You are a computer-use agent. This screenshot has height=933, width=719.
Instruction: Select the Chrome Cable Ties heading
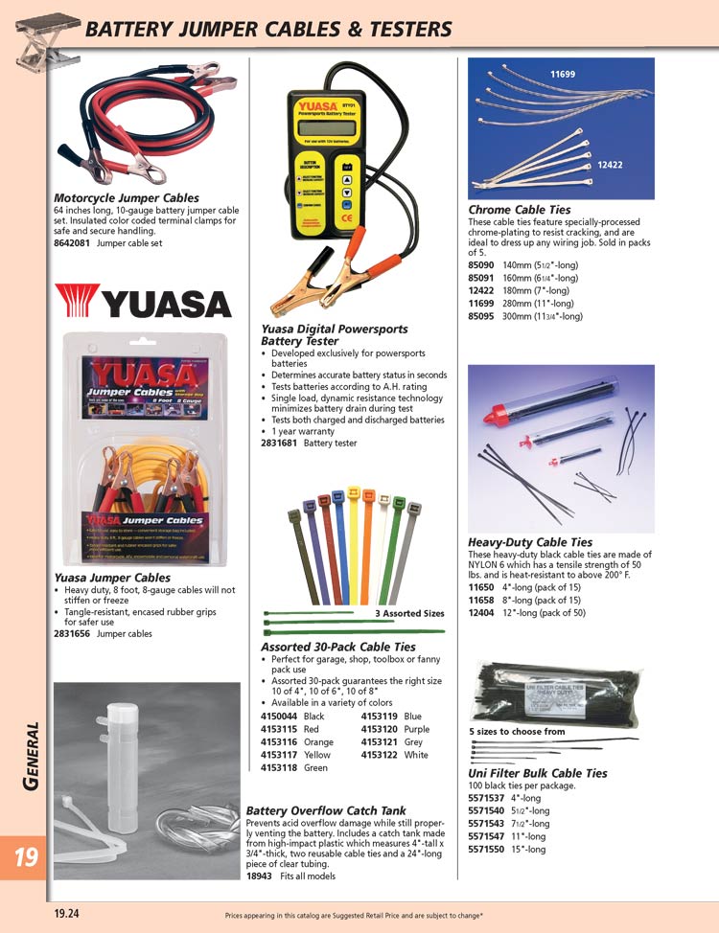pyautogui.click(x=519, y=210)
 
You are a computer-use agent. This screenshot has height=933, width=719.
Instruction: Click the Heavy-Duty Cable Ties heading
pyautogui.click(x=530, y=542)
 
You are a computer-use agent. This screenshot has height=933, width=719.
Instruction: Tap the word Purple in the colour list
pyautogui.click(x=417, y=729)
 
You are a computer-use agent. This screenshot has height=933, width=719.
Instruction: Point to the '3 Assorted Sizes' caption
pyautogui.click(x=409, y=613)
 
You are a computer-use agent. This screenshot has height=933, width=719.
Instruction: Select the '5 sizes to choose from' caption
pyautogui.click(x=518, y=731)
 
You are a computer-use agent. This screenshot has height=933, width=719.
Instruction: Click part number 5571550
pyautogui.click(x=487, y=849)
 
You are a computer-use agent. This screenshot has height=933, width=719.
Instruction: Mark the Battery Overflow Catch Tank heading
pyautogui.click(x=326, y=809)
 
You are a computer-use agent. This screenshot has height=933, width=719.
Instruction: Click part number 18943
pyautogui.click(x=260, y=876)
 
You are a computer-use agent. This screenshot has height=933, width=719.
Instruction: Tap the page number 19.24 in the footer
pyautogui.click(x=67, y=914)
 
